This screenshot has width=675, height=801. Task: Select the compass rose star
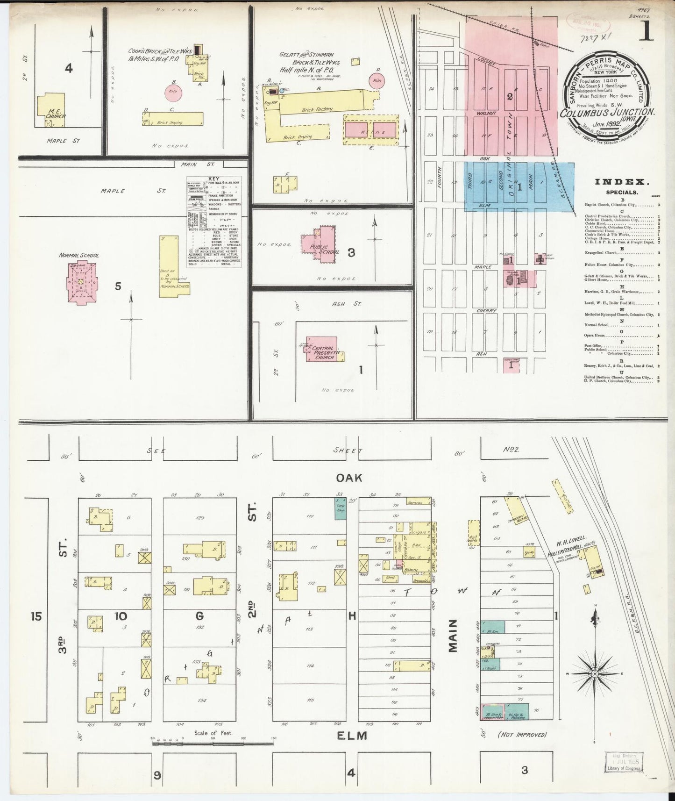[595, 674]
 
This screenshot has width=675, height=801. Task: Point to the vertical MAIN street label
[453, 636]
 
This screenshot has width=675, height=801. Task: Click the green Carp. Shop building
[340, 508]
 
